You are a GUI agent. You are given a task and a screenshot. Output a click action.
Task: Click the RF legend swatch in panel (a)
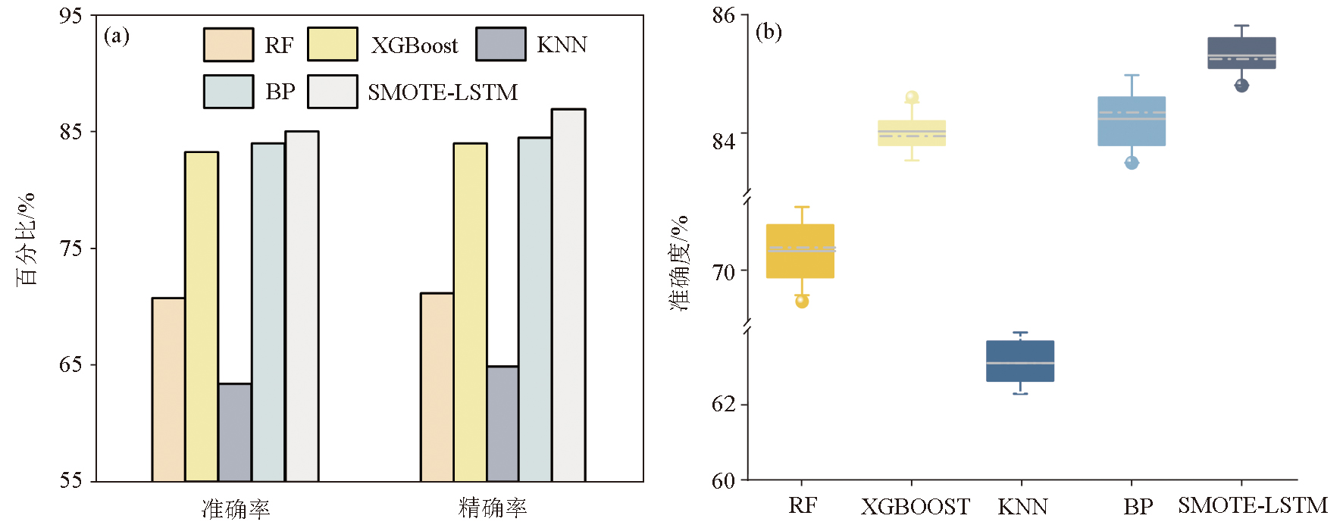click(228, 45)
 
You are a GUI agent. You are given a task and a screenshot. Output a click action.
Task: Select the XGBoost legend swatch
click(332, 45)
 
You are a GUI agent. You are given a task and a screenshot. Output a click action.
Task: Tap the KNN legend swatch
click(500, 45)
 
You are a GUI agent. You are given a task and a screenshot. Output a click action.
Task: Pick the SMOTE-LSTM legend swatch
click(332, 92)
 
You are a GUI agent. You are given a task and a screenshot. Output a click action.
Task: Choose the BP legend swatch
click(228, 92)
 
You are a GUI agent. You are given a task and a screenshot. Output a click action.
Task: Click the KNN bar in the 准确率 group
click(235, 433)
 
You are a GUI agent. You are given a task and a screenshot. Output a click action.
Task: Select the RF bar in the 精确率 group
click(437, 387)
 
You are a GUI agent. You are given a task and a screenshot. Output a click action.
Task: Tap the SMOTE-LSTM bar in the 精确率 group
click(568, 295)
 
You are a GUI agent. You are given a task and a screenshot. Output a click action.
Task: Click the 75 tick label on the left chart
click(70, 248)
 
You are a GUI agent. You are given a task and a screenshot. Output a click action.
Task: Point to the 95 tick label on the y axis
click(70, 16)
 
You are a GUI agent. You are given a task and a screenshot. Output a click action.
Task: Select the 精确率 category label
click(493, 508)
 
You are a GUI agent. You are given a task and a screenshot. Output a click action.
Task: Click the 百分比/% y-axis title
click(27, 239)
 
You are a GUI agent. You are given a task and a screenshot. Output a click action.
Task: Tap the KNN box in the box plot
click(1020, 361)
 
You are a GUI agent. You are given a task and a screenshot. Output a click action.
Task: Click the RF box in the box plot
click(800, 251)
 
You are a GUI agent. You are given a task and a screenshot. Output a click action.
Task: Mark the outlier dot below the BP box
click(1132, 162)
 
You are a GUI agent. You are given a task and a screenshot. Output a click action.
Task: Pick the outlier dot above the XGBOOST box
click(912, 97)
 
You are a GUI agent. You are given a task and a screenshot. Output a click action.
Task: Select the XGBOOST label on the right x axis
click(915, 506)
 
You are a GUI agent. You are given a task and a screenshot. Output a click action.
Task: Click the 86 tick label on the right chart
click(724, 16)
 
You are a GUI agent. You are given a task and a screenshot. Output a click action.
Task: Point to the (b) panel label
click(769, 32)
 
